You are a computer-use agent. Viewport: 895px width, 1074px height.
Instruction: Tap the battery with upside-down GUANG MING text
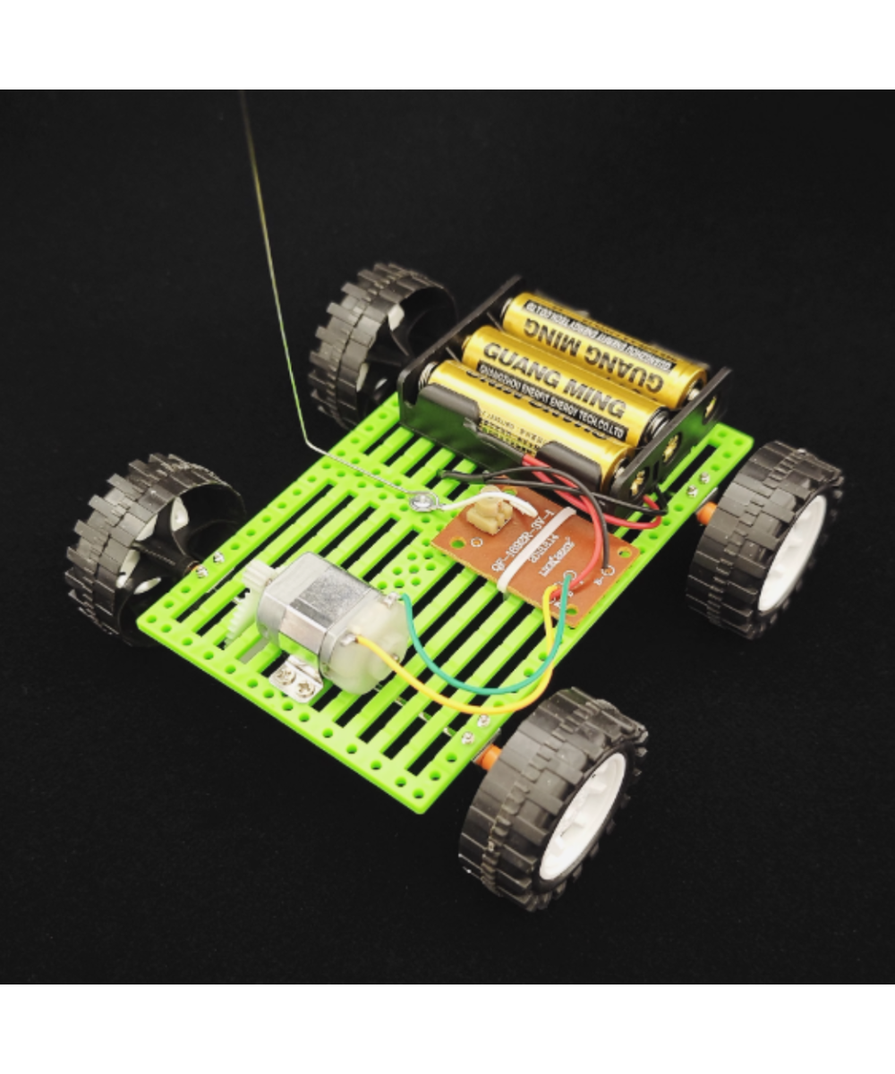click(600, 345)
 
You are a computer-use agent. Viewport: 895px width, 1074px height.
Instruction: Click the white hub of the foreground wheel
click(582, 814)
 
